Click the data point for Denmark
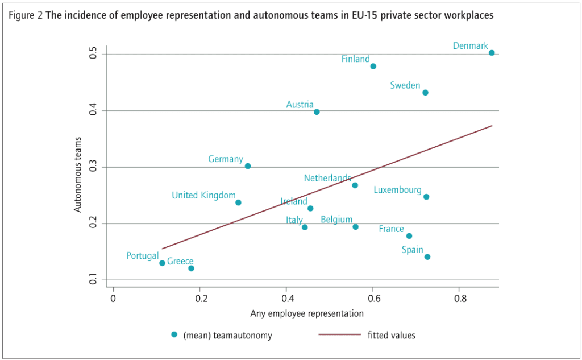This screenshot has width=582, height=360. coord(492,53)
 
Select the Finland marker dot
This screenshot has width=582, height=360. coord(373,67)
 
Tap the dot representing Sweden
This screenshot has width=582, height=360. coord(425,93)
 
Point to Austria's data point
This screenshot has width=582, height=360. coord(317,112)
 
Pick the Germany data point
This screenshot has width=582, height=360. coord(248,166)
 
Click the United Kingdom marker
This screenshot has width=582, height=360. coord(238,202)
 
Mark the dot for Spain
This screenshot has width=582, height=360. coord(427,257)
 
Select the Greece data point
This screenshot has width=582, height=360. coord(191,268)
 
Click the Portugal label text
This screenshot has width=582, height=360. coord(142,256)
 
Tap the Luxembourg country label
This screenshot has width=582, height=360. coord(397,190)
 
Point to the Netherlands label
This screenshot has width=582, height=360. coord(327,178)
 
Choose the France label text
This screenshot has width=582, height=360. coord(391,229)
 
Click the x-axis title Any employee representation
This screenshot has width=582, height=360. coord(307,313)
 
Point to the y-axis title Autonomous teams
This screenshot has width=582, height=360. coord(78,175)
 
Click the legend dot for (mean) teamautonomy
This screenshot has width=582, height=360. coord(174,335)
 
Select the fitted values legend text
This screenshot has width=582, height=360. coord(392,336)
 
